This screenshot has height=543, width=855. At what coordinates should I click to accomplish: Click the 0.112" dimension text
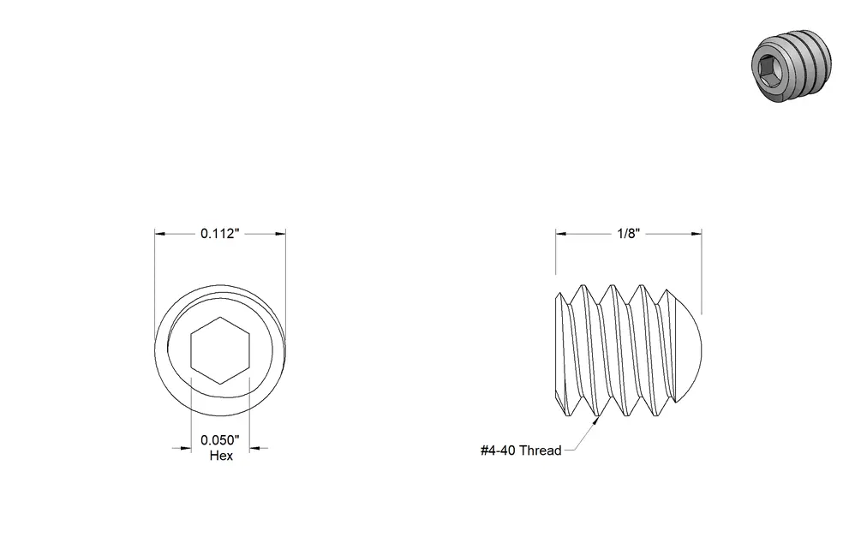[x=220, y=233]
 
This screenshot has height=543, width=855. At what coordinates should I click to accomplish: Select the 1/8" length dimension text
[x=628, y=233]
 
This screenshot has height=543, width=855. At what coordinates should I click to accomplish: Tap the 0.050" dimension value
[x=220, y=440]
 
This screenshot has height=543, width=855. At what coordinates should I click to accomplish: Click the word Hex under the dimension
[x=221, y=456]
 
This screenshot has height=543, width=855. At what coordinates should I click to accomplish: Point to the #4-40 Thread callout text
[x=521, y=451]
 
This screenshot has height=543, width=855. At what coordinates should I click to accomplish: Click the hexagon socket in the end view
[x=220, y=350]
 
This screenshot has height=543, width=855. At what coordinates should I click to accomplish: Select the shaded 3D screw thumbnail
[x=792, y=65]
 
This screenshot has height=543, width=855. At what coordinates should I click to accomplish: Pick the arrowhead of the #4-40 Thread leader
[x=595, y=422]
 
